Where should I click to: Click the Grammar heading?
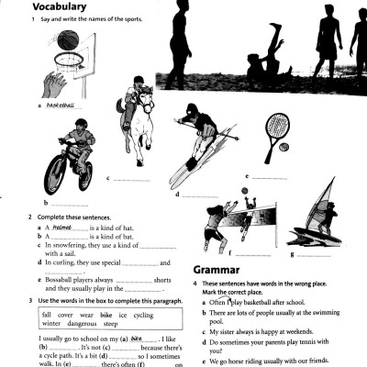220,270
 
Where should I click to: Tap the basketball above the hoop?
75,40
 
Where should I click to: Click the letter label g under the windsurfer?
291,251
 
